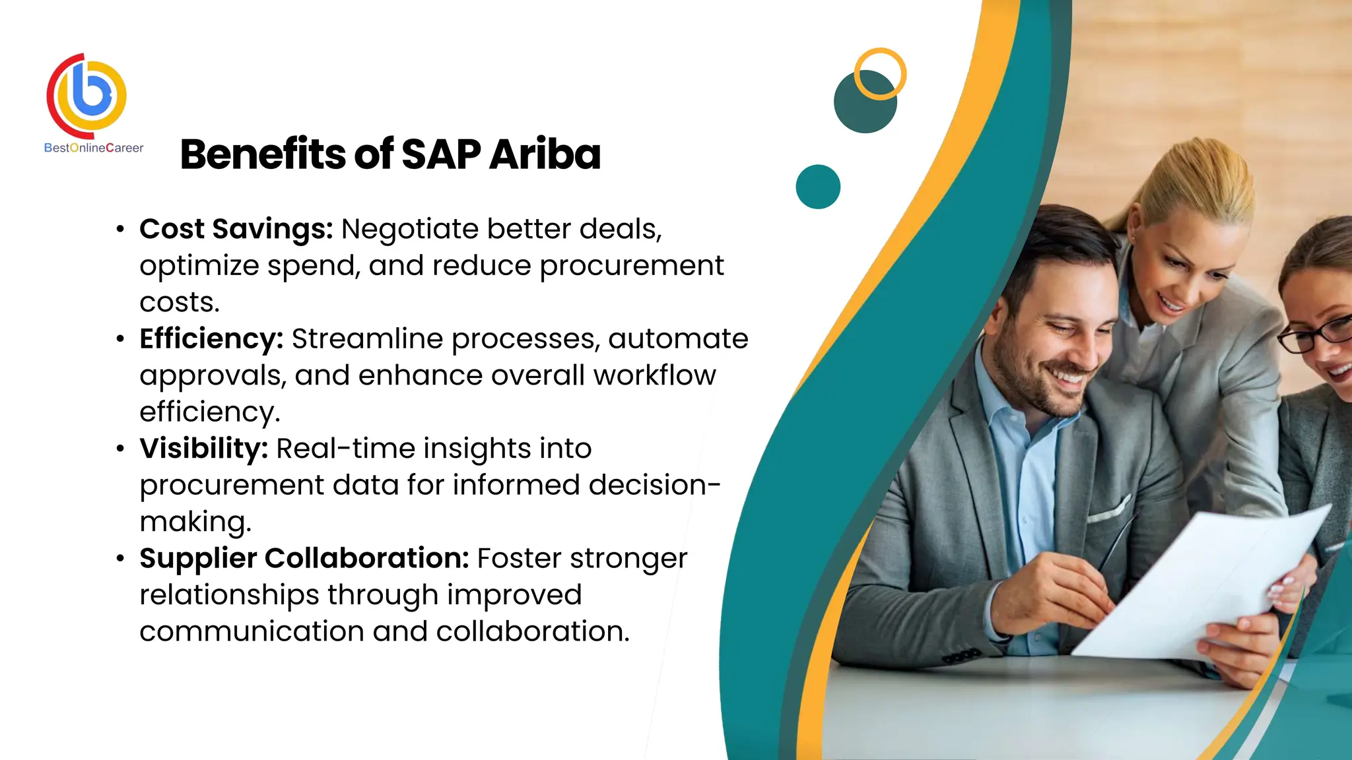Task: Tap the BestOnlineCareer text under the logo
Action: (94, 148)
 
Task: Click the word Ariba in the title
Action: (545, 154)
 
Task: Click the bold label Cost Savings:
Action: (236, 229)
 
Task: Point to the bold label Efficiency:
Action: (211, 338)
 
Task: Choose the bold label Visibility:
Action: (203, 449)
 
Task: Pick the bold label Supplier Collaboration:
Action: (304, 558)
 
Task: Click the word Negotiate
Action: (410, 229)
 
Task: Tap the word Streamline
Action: (368, 338)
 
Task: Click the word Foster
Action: (519, 558)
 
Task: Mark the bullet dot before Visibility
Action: (120, 449)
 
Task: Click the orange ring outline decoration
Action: (881, 53)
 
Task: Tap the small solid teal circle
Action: (818, 187)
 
